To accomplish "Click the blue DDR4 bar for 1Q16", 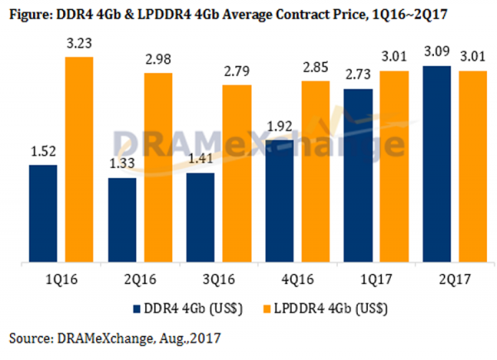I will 43,214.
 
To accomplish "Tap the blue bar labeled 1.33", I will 123,220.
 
